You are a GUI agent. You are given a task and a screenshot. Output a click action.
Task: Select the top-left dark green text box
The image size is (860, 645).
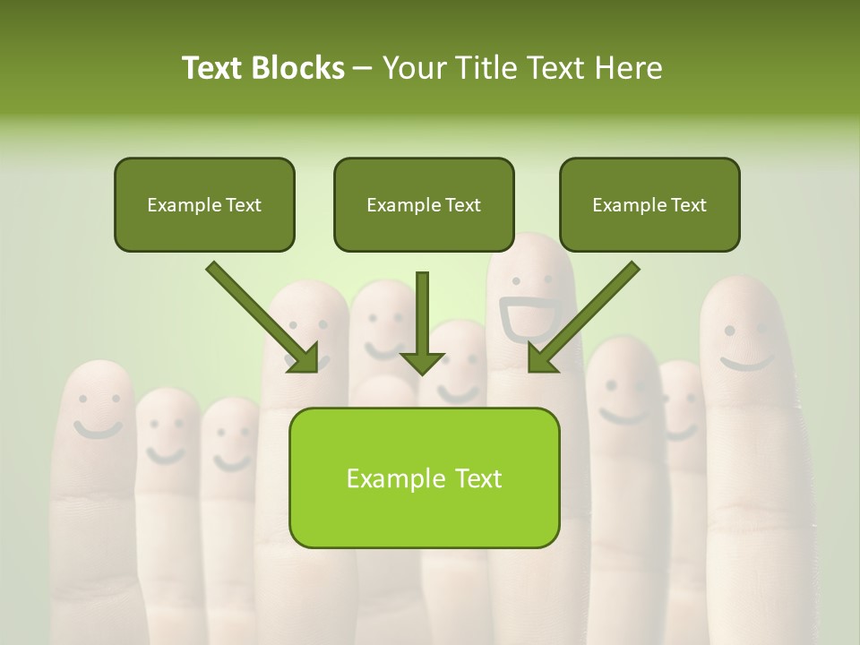(x=204, y=204)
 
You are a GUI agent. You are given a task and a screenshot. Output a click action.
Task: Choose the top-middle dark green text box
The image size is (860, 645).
(x=424, y=204)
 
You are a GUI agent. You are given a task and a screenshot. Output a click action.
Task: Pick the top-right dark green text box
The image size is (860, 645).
(x=649, y=204)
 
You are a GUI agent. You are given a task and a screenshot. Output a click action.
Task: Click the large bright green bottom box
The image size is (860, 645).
(x=424, y=477)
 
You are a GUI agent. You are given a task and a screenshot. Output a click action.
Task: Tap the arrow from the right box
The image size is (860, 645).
(x=583, y=317)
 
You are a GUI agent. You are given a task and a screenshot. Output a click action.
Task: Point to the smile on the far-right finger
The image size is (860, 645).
(x=747, y=363)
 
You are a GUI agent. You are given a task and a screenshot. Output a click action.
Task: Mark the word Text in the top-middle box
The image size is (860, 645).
(x=462, y=205)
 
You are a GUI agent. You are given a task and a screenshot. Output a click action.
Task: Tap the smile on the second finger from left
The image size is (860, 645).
(x=166, y=456)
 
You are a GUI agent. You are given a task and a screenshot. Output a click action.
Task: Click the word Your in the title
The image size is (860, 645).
(x=411, y=68)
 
